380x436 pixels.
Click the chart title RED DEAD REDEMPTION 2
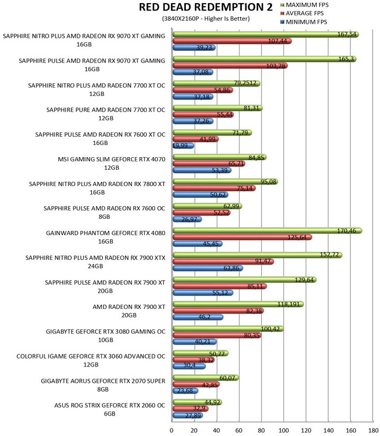coord(205,7)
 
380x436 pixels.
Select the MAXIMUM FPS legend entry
coord(305,5)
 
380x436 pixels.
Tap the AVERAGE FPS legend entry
coord(302,13)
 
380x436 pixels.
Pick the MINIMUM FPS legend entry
coord(303,22)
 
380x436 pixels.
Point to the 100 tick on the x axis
coord(283,430)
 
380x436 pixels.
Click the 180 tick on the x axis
coord(373,430)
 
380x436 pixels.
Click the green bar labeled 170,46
coord(267,230)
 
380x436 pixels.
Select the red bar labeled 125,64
coord(242,237)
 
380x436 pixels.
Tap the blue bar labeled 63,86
coord(207,268)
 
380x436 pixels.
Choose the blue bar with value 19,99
coord(183,146)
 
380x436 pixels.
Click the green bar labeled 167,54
coord(265,34)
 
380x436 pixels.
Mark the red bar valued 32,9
coord(191,409)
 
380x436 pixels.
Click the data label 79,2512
coord(245,83)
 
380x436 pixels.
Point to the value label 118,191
coord(288,304)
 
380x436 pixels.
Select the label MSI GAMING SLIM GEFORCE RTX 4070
coord(112,159)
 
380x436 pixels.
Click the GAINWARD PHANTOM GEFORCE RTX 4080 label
coord(106,233)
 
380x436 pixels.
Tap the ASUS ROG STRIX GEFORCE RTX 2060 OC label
coord(110,405)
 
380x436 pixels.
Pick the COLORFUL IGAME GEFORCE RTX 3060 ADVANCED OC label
coord(91,356)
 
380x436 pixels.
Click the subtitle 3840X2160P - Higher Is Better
coord(206,18)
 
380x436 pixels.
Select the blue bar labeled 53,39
coord(202,170)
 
